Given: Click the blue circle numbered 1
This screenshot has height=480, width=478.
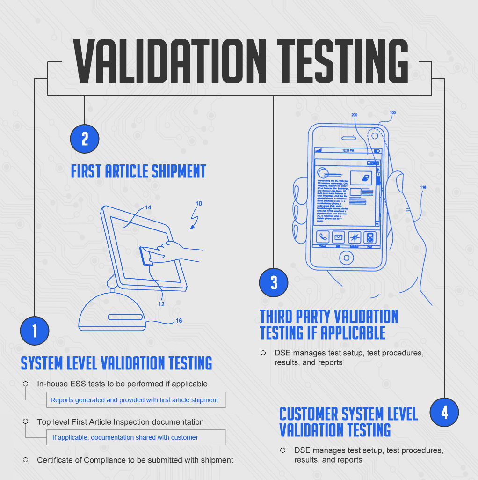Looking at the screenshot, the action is click(35, 331).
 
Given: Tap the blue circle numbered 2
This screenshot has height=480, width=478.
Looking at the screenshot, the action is click(85, 139).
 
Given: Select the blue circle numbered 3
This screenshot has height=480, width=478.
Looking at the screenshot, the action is click(274, 282).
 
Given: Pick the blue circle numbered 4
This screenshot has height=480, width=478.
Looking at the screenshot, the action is click(444, 412).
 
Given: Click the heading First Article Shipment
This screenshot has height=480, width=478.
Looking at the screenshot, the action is click(138, 171).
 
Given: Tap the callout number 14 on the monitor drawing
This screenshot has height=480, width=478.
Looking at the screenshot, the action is click(148, 207).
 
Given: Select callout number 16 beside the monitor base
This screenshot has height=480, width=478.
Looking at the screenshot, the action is click(179, 321).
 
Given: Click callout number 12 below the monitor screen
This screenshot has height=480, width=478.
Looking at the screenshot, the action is click(161, 304).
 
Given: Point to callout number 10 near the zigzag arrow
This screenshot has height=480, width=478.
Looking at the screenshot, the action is click(199, 204).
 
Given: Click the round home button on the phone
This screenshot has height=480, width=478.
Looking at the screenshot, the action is click(347, 257).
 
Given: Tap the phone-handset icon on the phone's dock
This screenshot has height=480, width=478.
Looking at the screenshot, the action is click(323, 237).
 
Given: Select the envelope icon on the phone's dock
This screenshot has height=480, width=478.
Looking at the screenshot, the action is click(338, 237).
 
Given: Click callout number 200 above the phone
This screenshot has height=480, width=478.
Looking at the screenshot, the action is click(354, 115).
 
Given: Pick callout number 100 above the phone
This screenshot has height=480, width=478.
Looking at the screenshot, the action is click(392, 113).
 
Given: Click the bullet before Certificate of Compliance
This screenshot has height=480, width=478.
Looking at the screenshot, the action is click(26, 459).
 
